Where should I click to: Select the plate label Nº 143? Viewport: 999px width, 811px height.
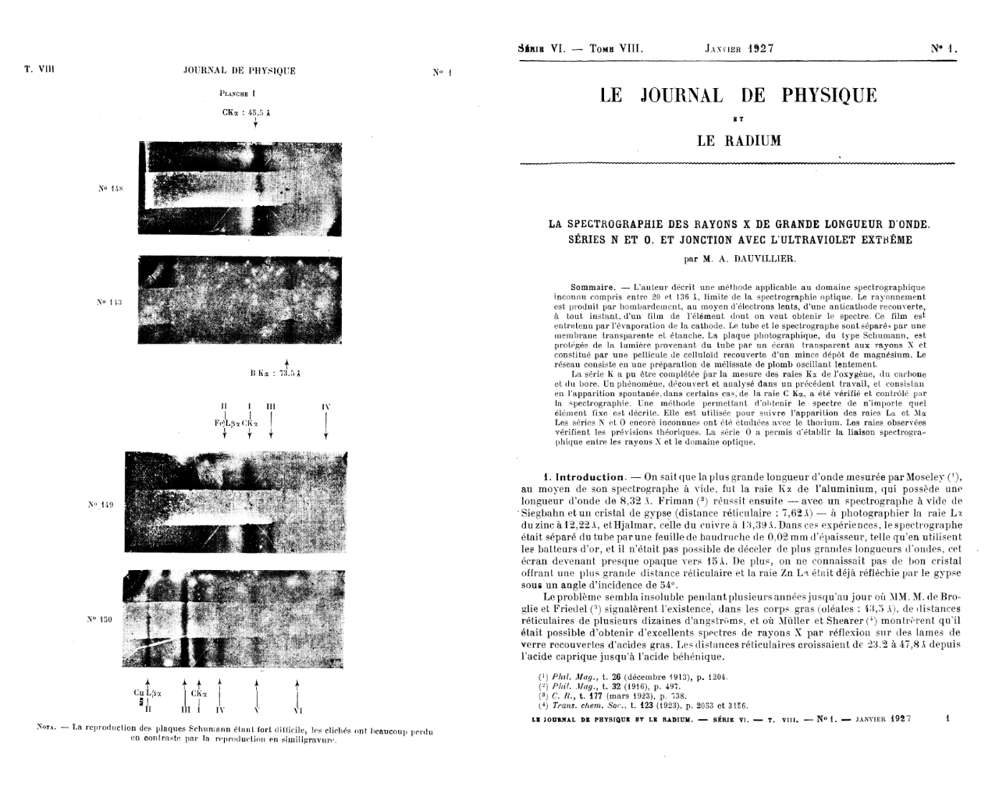tap(106, 300)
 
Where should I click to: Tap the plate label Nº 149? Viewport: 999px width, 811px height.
tap(102, 505)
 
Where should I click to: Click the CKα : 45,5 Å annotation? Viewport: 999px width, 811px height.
tap(246, 112)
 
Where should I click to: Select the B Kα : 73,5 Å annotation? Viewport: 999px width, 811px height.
tap(276, 374)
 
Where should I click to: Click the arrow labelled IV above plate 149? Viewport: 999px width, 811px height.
tap(325, 424)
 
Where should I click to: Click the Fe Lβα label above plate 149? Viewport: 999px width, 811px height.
tap(226, 422)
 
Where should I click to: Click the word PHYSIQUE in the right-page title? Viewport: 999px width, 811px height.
tap(829, 96)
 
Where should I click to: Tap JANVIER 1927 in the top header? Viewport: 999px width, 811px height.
tap(739, 48)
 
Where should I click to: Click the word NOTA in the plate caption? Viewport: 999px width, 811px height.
tap(49, 728)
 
